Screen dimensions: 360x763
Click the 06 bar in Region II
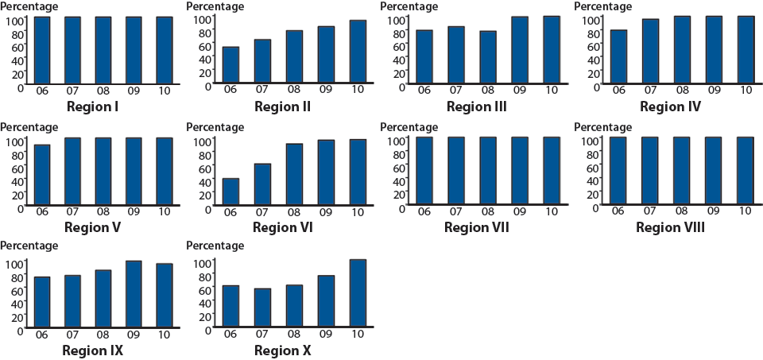click(230, 64)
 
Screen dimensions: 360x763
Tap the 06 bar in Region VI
click(230, 192)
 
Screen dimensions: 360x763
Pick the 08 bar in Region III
click(487, 56)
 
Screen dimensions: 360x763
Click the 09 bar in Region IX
click(134, 293)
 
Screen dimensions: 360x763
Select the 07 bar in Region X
click(262, 307)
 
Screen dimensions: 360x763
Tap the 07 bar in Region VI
click(262, 184)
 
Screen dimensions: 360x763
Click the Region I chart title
click(92, 106)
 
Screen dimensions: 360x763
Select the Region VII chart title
click(476, 228)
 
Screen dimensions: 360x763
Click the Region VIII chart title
click(670, 228)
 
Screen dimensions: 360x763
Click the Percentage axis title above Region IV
click(603, 6)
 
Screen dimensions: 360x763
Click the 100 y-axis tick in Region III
click(396, 19)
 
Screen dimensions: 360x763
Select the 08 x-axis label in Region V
click(103, 211)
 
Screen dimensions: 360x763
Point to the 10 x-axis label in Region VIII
click(745, 211)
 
